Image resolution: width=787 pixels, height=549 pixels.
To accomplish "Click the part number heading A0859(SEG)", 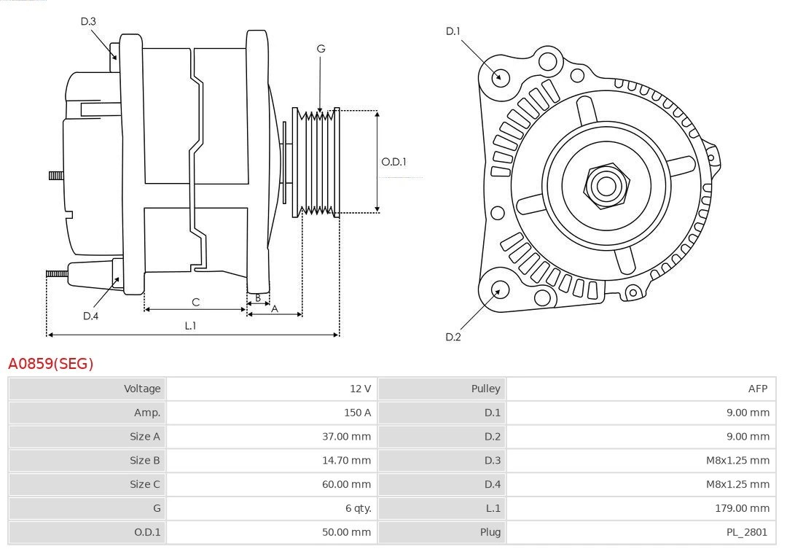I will coord(51,363).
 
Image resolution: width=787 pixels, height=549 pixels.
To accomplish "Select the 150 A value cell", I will coord(357,413).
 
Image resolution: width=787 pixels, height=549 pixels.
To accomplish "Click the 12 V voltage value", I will coord(360,389).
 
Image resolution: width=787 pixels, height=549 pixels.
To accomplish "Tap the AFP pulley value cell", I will coord(758,389).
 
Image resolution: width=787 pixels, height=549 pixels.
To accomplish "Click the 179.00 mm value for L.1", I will coord(743,508).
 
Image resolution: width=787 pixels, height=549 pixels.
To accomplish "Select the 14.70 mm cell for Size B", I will coord(347,460).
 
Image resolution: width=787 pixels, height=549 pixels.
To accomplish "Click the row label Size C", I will coord(144,484).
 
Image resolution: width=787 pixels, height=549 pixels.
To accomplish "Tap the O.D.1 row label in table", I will coord(147,532).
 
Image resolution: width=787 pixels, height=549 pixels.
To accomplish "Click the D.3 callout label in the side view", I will coord(88,21).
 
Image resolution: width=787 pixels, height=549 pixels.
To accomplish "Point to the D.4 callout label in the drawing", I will coord(90,316).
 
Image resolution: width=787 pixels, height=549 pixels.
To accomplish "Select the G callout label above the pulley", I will coord(321,49).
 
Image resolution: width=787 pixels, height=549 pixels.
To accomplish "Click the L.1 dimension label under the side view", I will coord(190,326).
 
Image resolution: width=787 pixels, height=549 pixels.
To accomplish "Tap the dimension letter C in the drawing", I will coord(195,302).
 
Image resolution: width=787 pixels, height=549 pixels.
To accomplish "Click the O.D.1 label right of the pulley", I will coord(394,162).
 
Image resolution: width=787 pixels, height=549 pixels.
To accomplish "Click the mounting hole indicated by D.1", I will coord(500,77).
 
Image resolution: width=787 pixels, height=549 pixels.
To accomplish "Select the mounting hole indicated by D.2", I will coord(499,291).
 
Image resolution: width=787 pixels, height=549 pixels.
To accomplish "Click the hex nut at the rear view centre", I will coord(606,185).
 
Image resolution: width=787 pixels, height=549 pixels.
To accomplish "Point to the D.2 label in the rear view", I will coord(453,337).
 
